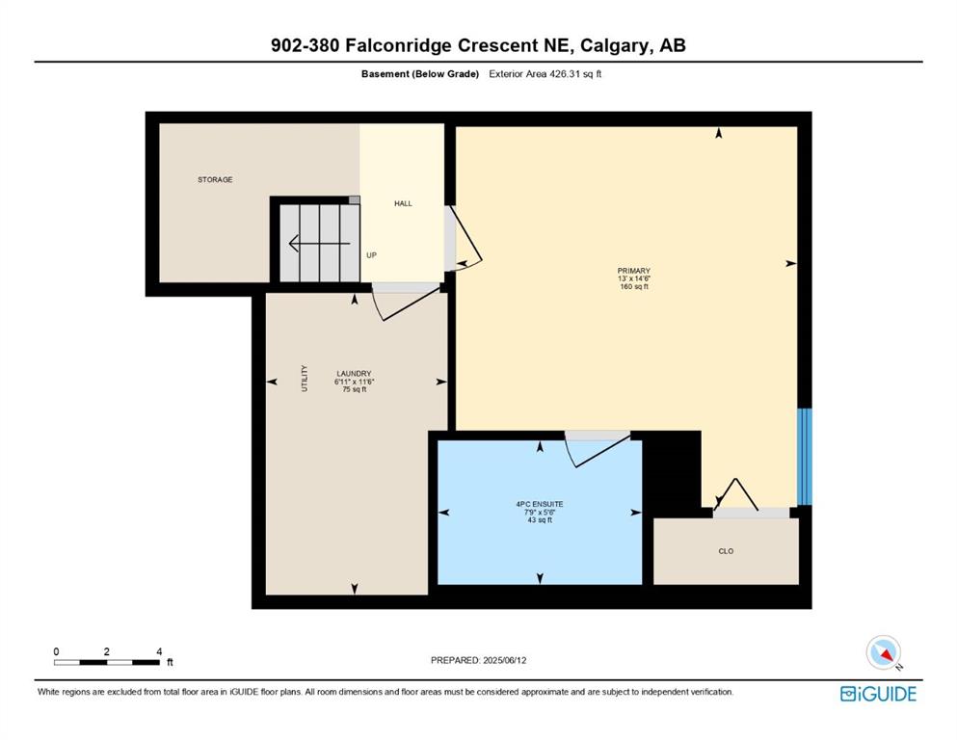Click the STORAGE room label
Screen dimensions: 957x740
tap(215, 180)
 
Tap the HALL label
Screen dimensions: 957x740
tap(403, 203)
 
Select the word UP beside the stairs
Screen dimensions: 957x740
tap(371, 255)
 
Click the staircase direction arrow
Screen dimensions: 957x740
tap(319, 244)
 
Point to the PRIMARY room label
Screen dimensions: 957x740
tap(633, 271)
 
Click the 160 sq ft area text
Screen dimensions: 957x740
tap(633, 287)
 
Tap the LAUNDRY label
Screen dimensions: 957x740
tap(354, 374)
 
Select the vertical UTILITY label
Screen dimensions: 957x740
tap(305, 379)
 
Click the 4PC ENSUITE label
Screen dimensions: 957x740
tap(540, 505)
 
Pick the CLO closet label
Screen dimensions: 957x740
tap(726, 551)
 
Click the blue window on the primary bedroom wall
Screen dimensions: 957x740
tap(805, 457)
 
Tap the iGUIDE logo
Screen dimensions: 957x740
tap(878, 695)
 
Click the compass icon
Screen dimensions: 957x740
tap(883, 652)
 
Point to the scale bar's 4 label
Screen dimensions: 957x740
tap(159, 651)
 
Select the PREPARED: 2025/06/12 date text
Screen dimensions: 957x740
tap(478, 660)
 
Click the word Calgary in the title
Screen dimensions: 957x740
tap(614, 45)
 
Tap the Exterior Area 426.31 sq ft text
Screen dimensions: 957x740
tap(545, 74)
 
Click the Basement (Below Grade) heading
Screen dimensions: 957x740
tap(420, 74)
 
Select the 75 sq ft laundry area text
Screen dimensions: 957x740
tap(354, 390)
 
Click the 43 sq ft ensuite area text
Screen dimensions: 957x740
tap(540, 520)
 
